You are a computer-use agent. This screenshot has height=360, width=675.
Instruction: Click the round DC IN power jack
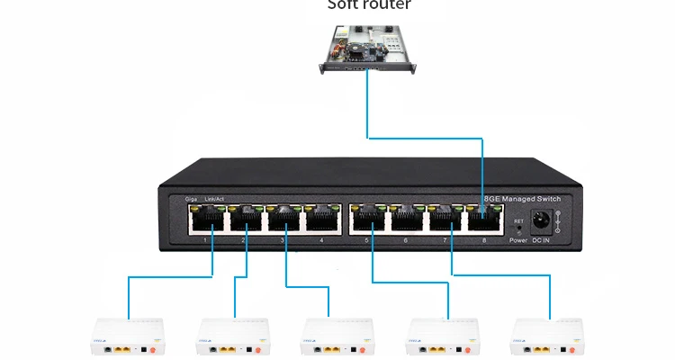tap(543, 220)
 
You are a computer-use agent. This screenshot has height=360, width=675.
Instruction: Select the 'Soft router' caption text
tap(368, 5)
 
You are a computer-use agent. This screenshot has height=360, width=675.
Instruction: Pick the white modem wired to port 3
tap(337, 336)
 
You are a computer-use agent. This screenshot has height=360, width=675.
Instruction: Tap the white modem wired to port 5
tap(441, 336)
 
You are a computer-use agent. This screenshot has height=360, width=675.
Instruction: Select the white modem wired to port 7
tap(545, 336)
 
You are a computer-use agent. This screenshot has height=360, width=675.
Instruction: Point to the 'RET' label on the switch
tap(517, 220)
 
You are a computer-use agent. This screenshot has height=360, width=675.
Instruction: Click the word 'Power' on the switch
tap(517, 240)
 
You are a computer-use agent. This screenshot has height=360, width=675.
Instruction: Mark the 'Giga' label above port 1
tap(191, 198)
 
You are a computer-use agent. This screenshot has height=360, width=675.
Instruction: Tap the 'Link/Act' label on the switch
tap(215, 198)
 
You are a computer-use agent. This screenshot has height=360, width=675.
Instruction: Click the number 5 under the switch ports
tap(367, 240)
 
